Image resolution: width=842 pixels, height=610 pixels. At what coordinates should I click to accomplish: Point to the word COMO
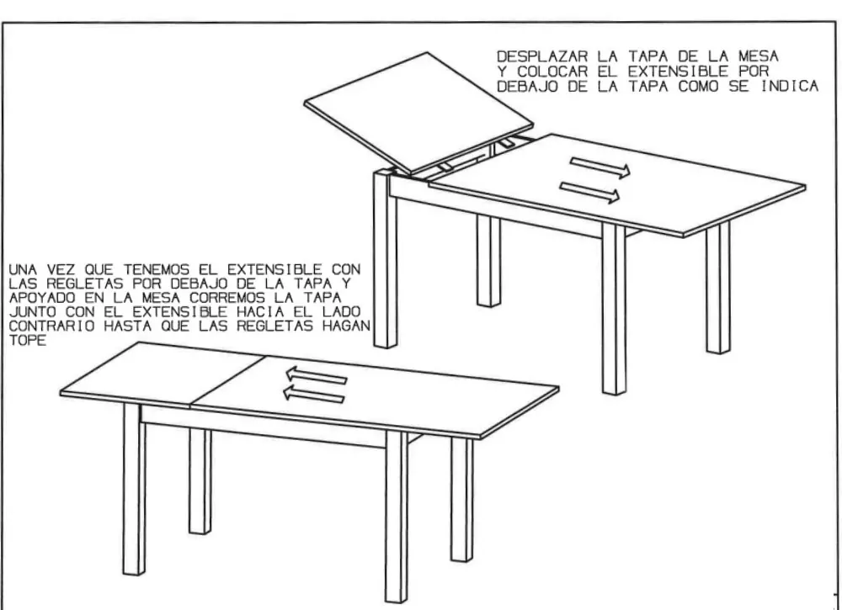point(700,87)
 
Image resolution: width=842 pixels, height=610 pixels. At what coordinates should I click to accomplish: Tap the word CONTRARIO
point(51,326)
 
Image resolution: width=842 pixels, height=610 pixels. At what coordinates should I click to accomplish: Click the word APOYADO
point(42,298)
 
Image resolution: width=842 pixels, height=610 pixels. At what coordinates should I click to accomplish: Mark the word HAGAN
point(347,326)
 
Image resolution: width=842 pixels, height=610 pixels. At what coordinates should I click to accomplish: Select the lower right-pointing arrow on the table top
point(589,193)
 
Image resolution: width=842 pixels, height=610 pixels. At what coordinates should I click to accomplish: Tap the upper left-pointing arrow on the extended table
point(317,374)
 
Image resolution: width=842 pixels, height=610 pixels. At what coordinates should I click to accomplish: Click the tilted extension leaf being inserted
point(418,113)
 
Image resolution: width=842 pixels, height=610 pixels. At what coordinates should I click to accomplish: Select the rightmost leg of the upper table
point(718,287)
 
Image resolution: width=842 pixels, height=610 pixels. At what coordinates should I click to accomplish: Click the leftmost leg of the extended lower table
point(134,490)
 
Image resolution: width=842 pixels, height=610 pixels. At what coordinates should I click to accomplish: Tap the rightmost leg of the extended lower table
point(461,500)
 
